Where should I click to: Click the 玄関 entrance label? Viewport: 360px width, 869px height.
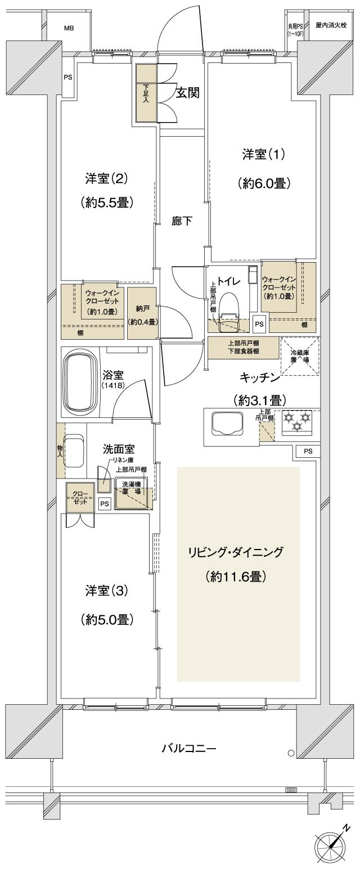pyautogui.click(x=187, y=93)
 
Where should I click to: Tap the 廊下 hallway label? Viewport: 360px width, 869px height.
pyautogui.click(x=182, y=221)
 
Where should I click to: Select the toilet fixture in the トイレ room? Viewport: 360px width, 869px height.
pyautogui.click(x=229, y=307)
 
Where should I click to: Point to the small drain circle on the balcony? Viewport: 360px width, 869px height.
pyautogui.click(x=290, y=753)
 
